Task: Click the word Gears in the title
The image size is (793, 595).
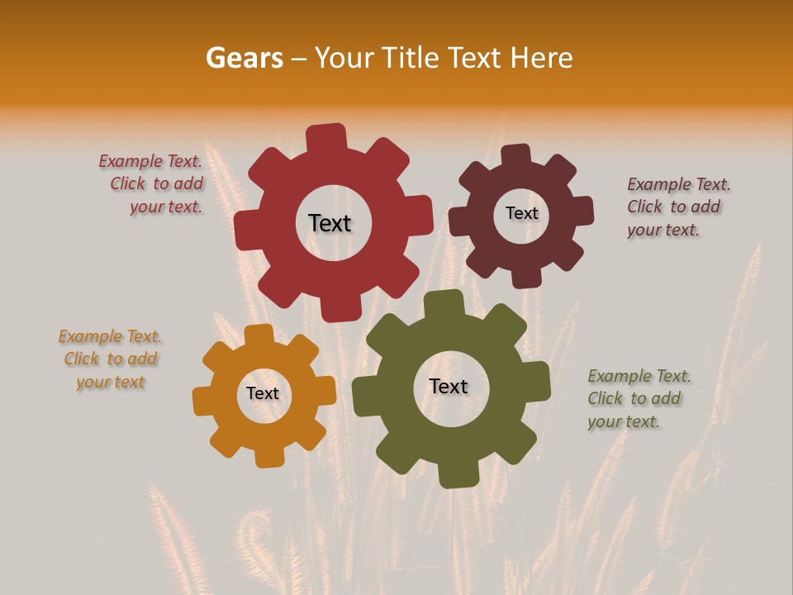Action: click(x=244, y=58)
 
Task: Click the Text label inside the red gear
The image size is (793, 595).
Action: click(x=330, y=223)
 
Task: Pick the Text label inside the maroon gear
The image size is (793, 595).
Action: click(x=521, y=213)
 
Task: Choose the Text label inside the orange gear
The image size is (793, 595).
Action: click(x=263, y=393)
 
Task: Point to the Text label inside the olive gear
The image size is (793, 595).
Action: click(x=449, y=386)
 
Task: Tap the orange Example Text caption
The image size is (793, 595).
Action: click(x=110, y=359)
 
